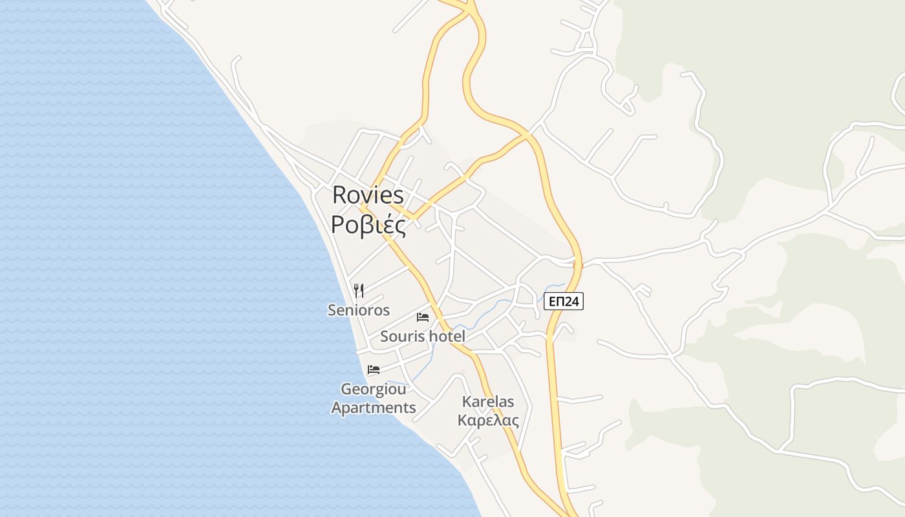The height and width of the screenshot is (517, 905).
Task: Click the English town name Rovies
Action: click(x=367, y=195)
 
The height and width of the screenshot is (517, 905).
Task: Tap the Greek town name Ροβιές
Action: click(x=368, y=224)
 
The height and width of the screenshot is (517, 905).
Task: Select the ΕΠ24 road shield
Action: click(x=563, y=301)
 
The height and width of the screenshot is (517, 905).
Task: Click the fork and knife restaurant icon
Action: click(x=359, y=291)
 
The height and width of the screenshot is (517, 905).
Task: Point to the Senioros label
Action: click(x=359, y=310)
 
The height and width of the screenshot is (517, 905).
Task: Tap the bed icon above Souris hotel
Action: click(x=423, y=317)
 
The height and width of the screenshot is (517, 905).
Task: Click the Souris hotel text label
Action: click(x=423, y=336)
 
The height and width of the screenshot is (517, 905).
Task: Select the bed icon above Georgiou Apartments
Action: click(x=373, y=370)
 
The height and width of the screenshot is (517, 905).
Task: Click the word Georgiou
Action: click(x=374, y=390)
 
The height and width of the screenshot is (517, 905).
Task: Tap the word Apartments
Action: click(x=374, y=408)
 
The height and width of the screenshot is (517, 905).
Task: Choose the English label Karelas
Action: click(x=488, y=402)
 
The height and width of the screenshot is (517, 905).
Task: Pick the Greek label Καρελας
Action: click(x=488, y=421)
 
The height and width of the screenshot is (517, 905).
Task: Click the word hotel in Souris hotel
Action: click(x=447, y=336)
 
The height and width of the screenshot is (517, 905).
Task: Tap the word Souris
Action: click(x=401, y=336)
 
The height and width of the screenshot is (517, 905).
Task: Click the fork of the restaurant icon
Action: click(x=356, y=290)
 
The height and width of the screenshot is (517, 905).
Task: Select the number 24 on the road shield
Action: click(x=571, y=301)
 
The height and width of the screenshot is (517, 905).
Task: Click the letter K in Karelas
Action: click(x=466, y=402)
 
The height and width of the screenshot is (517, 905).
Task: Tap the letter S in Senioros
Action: click(x=332, y=310)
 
